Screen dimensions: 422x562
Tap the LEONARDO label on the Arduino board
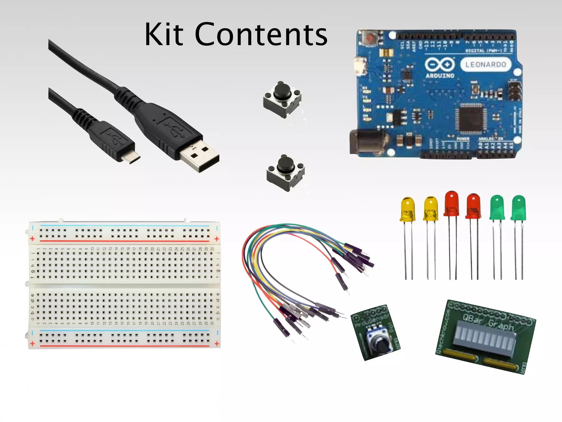[x=485, y=65]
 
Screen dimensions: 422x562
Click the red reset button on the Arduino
[x=371, y=38]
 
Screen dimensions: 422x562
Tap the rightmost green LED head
[x=518, y=207]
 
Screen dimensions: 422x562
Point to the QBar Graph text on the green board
[x=488, y=322]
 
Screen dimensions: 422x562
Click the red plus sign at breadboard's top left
[x=32, y=238]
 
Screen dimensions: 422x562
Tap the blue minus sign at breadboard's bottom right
[x=217, y=333]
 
